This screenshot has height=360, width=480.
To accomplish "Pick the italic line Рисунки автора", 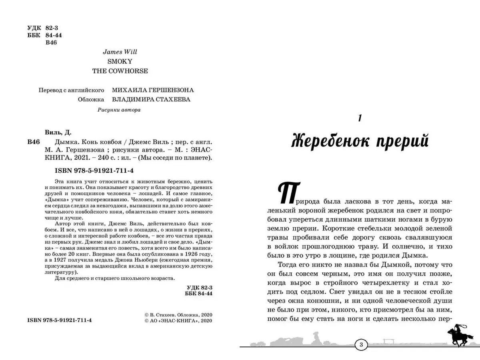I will point(119,110).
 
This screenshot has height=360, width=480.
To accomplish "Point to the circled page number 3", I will point(361,345).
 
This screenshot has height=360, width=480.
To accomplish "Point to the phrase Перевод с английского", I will point(71,90).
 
